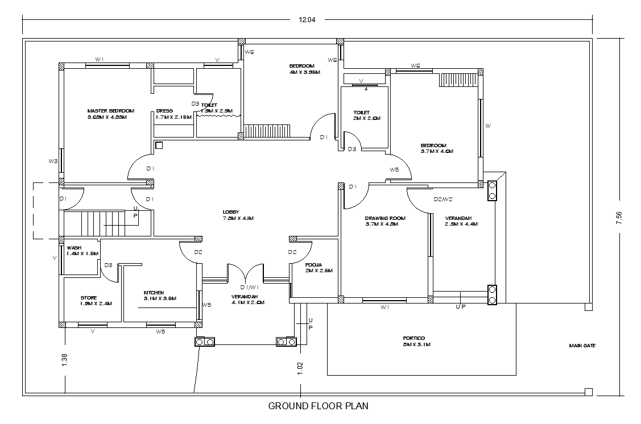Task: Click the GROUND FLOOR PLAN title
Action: tap(318, 406)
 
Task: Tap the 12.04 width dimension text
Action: tap(307, 19)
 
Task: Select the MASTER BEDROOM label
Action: tap(110, 111)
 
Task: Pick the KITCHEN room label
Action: tap(154, 293)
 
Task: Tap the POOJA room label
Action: tap(314, 265)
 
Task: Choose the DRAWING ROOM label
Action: tap(385, 218)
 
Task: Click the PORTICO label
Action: tap(413, 338)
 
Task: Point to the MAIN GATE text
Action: tap(582, 345)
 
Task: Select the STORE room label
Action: tap(89, 298)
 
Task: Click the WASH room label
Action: tap(75, 248)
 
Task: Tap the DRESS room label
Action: tap(164, 111)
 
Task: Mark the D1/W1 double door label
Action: tap(245, 287)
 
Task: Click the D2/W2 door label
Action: tap(443, 199)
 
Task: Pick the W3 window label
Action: tap(53, 161)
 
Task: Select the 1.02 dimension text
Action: tap(300, 368)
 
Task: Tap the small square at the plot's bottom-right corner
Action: tap(589, 392)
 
